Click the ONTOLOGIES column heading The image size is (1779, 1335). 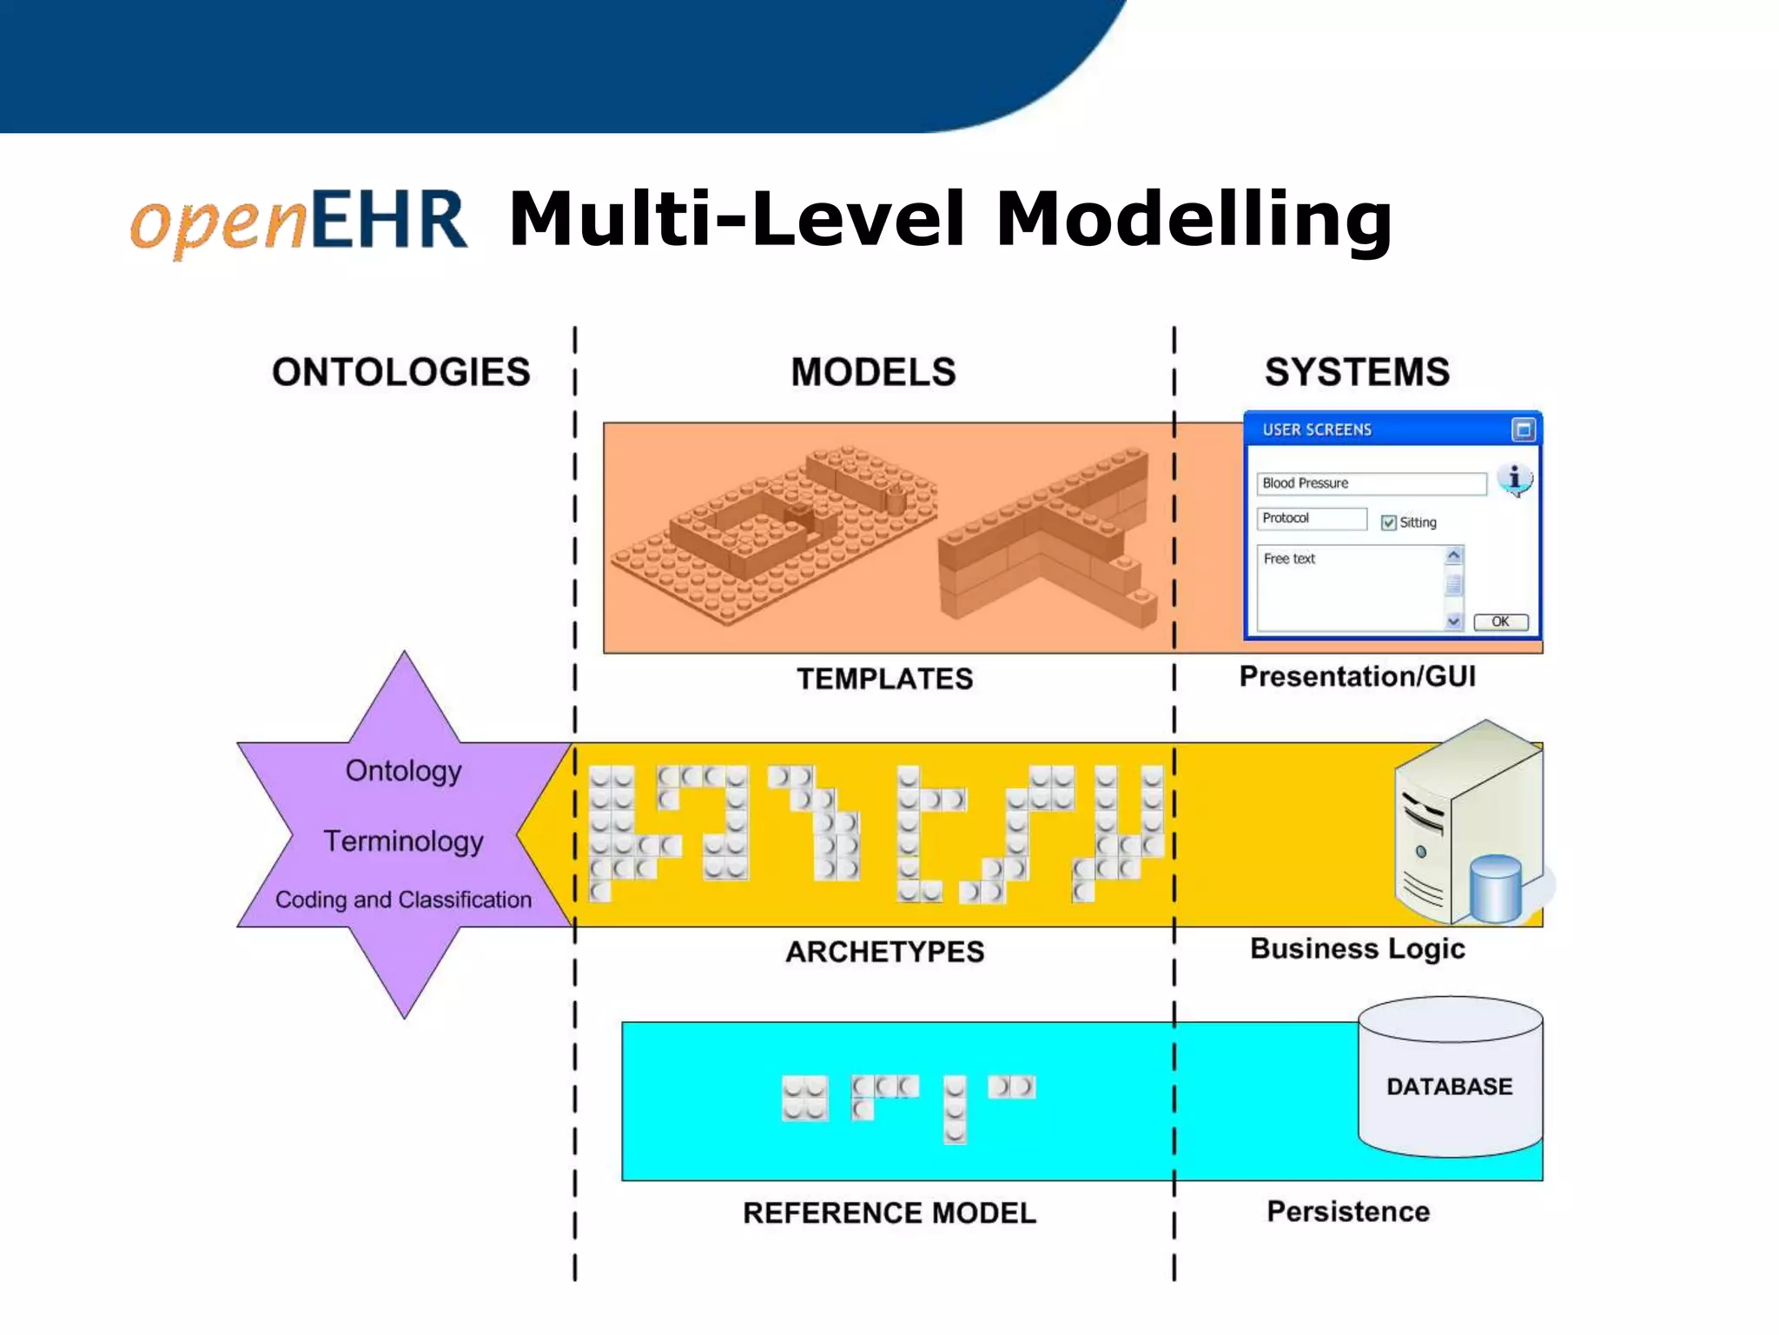(x=400, y=372)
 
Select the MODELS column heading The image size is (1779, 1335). (x=873, y=372)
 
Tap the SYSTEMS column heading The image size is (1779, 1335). (x=1357, y=372)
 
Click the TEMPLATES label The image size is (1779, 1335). (x=884, y=679)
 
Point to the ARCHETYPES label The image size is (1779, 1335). (x=884, y=952)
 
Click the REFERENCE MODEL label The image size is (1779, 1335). (x=889, y=1213)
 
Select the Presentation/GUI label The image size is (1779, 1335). (x=1357, y=676)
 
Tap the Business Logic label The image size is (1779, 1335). (x=1357, y=948)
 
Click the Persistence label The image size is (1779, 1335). (x=1347, y=1212)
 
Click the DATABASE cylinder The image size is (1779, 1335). (x=1450, y=1078)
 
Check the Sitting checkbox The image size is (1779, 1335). (x=1388, y=522)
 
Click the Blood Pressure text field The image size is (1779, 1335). (x=1371, y=483)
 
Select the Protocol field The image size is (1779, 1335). (x=1311, y=518)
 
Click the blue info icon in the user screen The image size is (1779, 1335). (x=1514, y=479)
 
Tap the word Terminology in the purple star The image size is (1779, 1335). (x=403, y=841)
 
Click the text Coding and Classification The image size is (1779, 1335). (x=403, y=900)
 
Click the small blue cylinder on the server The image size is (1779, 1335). (x=1496, y=887)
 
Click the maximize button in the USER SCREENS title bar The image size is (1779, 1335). (x=1523, y=429)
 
